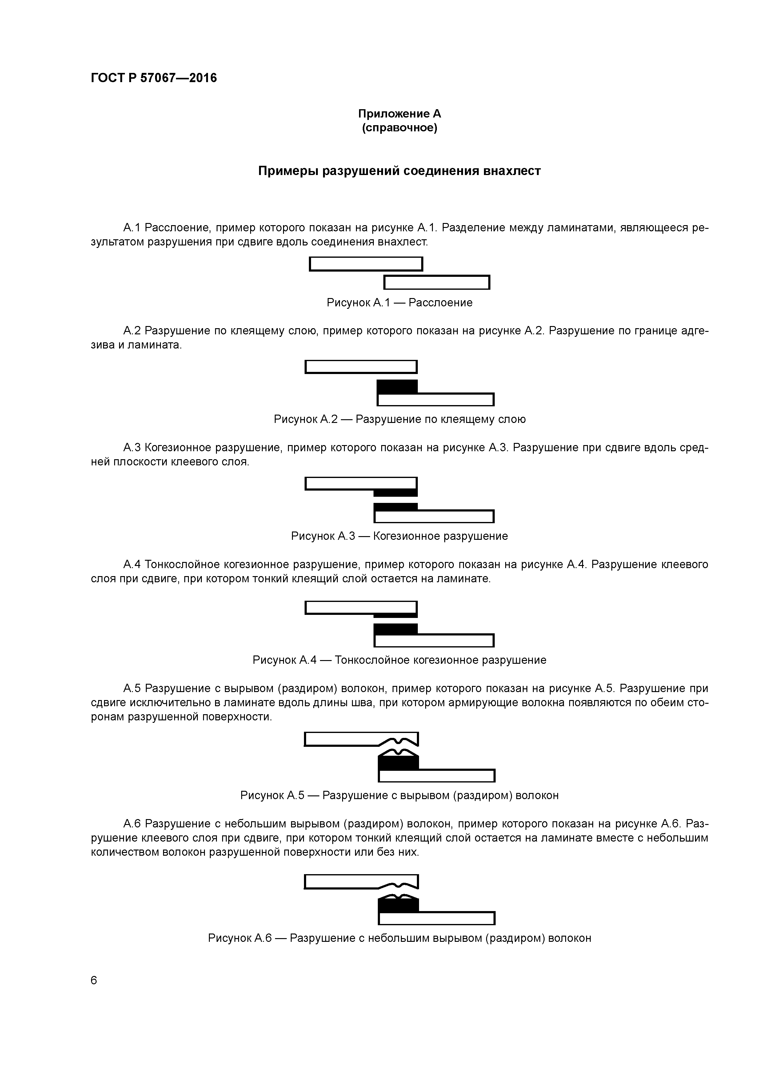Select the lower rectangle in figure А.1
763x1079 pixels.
[x=437, y=282]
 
